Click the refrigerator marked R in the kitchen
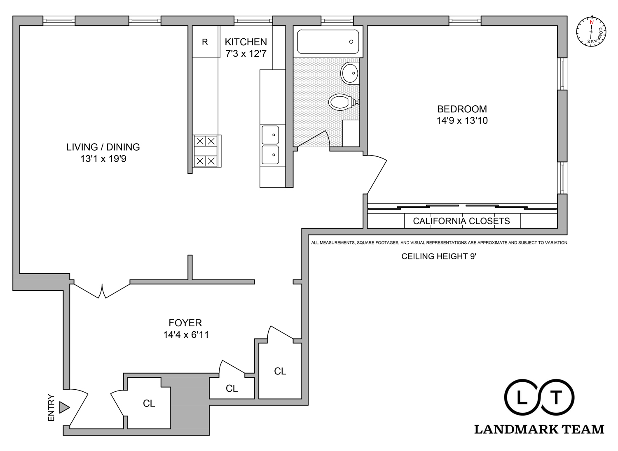[205, 42]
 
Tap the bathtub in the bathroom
[328, 42]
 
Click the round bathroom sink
[350, 73]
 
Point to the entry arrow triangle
[64, 407]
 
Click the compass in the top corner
[591, 32]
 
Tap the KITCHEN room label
[246, 42]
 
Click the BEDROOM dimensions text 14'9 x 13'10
[462, 121]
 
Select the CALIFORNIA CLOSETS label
[461, 221]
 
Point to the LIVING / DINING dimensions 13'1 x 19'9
[103, 159]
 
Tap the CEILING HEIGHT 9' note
[439, 256]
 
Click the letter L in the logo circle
[522, 398]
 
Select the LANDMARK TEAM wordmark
[539, 429]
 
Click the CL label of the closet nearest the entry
[149, 404]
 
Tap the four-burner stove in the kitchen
[206, 151]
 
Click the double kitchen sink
[270, 145]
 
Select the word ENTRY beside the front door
[51, 408]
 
